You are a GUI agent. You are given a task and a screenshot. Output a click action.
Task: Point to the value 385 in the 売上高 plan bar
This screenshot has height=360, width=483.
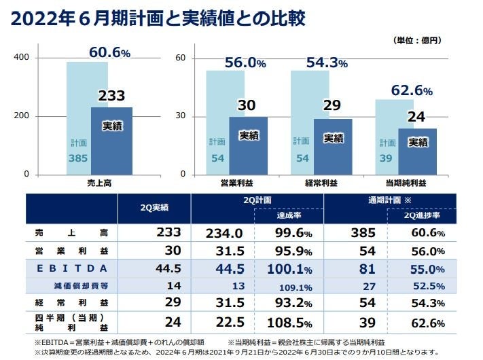tap(78, 158)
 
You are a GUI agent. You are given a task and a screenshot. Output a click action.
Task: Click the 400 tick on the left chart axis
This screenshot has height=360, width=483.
tap(21, 58)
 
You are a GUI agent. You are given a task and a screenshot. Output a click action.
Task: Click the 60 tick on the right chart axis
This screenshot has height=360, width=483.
tap(180, 58)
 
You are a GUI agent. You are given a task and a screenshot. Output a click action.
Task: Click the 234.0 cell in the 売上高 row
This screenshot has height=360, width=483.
tap(224, 233)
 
